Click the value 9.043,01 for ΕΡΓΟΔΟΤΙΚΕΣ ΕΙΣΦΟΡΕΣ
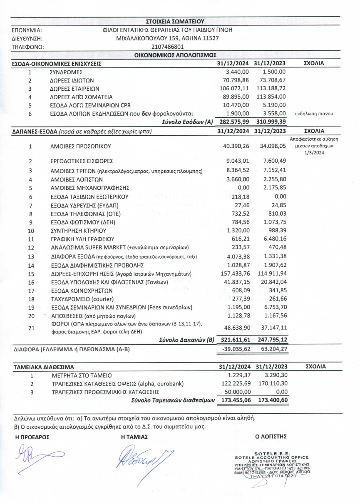coord(237,161)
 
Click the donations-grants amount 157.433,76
coord(234,273)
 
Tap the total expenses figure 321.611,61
coord(233,340)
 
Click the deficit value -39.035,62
coord(234,349)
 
